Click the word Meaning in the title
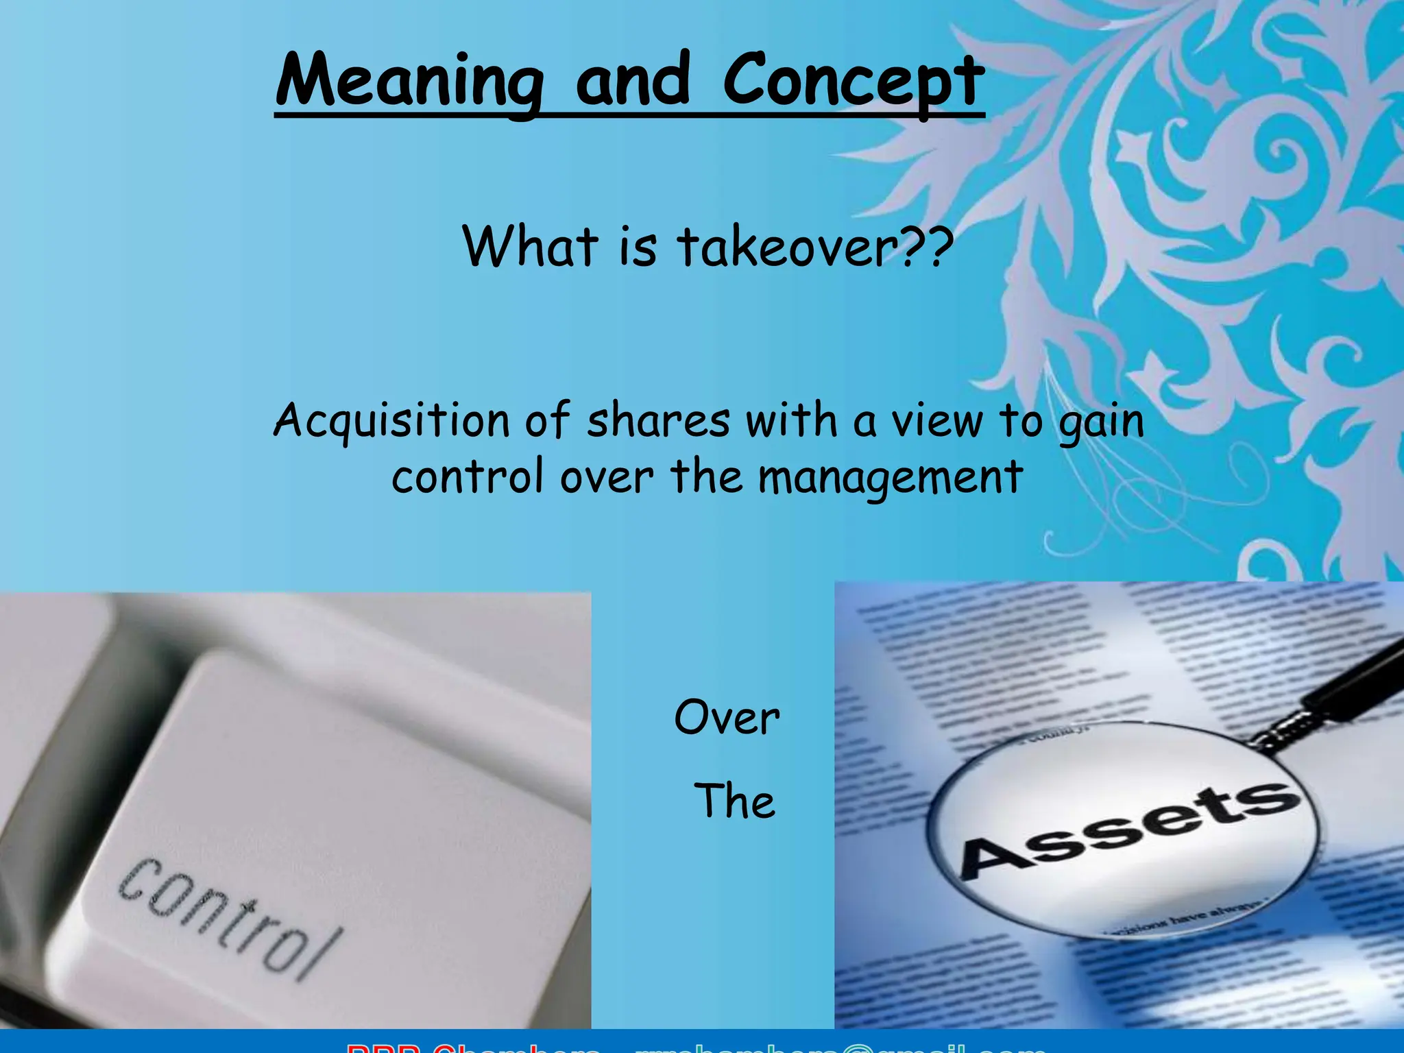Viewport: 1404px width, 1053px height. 409,81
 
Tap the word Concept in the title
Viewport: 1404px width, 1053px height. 854,81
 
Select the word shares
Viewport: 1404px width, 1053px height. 658,421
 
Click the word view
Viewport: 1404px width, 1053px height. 936,421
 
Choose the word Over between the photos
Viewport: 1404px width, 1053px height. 727,718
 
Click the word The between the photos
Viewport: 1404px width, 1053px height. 734,801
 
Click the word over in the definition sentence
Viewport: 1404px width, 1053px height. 607,479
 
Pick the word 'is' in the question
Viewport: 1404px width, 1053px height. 638,246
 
